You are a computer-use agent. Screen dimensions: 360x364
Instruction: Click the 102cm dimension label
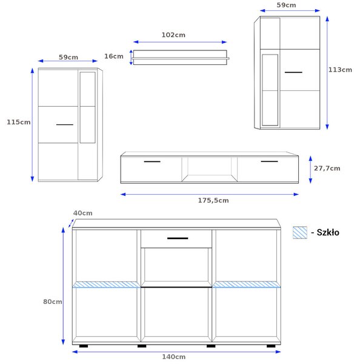[173, 35]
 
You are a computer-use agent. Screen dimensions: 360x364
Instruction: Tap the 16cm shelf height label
[114, 56]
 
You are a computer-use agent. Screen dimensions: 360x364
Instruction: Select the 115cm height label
[19, 122]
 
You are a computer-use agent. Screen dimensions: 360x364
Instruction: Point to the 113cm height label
[340, 70]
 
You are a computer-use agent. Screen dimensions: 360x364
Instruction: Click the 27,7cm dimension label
[327, 168]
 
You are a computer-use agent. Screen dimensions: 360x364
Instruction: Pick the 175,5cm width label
[213, 201]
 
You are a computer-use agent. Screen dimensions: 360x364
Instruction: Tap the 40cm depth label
[83, 213]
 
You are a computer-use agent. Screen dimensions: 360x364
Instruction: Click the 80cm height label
[53, 302]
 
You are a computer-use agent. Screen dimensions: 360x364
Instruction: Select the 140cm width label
[174, 357]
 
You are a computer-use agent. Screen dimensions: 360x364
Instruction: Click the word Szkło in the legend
[328, 232]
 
